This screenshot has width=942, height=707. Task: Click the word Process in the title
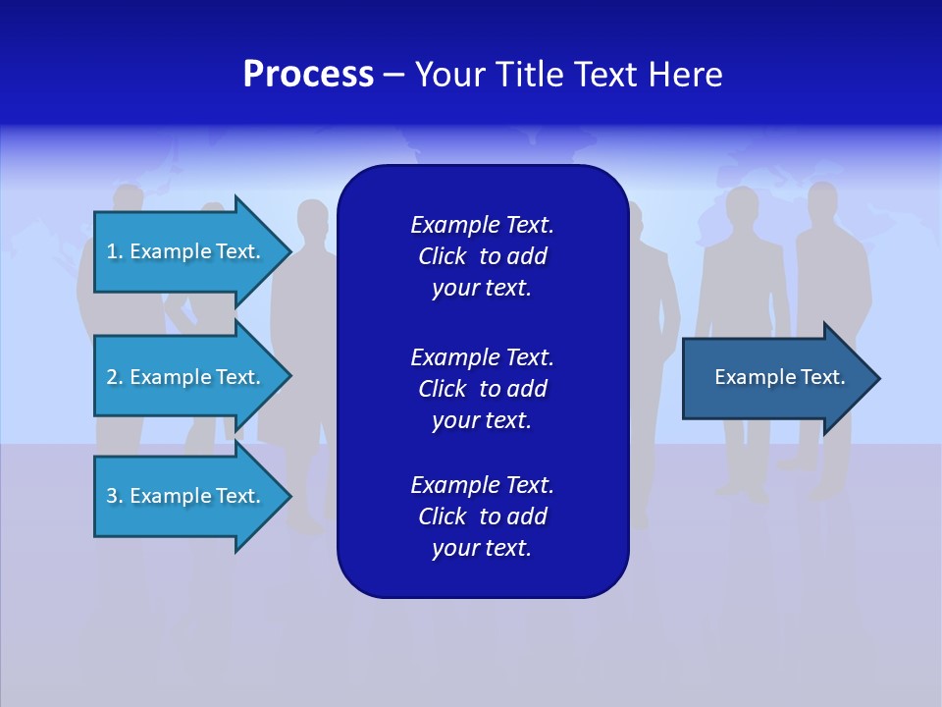point(308,75)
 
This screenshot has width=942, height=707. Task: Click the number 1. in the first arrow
point(115,251)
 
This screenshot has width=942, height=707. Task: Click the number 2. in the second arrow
point(115,377)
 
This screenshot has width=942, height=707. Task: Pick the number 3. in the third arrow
point(115,496)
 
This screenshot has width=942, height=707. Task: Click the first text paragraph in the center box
point(482,256)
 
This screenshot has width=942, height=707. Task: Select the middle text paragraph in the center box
point(482,389)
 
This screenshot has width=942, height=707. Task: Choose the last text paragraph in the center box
point(482,517)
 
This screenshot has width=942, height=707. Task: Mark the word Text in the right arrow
point(822,377)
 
